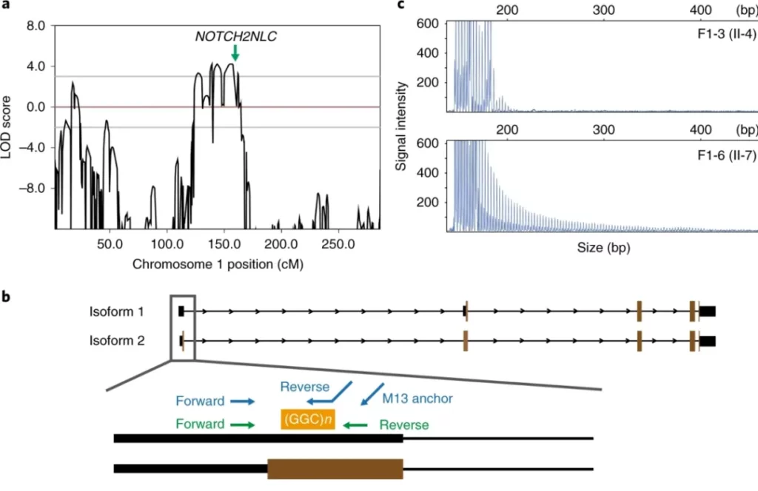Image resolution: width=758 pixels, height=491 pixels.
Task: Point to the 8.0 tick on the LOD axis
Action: point(36,25)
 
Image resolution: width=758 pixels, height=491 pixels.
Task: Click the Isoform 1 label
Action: point(117,311)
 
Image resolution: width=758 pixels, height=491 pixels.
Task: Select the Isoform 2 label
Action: point(117,340)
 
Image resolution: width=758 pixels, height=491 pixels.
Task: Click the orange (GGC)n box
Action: point(307,420)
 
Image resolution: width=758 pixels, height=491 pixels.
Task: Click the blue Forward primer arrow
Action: point(242,402)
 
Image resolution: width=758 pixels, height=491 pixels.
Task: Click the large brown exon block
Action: point(335,469)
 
